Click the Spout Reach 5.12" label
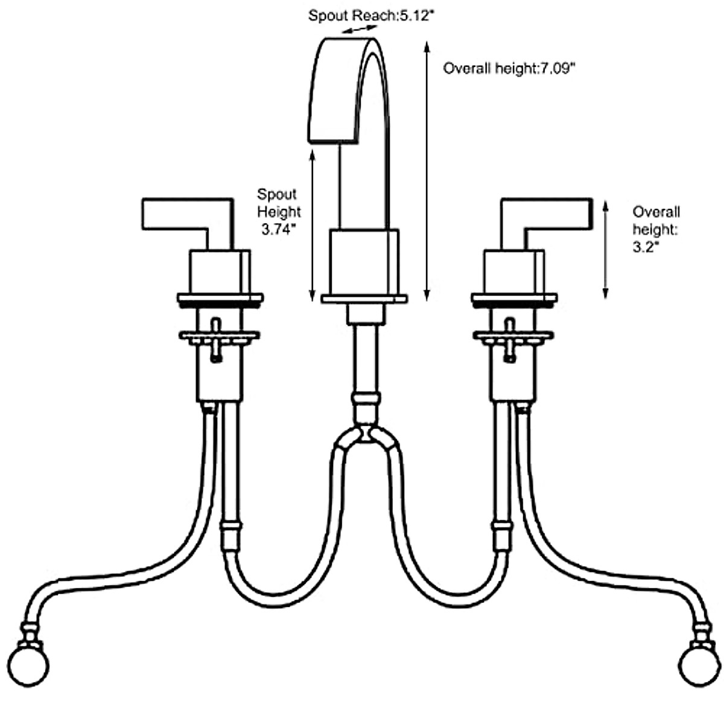(x=370, y=16)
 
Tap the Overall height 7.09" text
(x=509, y=68)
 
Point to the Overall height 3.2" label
(x=656, y=229)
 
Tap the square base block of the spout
(x=364, y=261)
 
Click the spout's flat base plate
(x=364, y=298)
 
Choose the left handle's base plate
(x=220, y=299)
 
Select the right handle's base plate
(x=514, y=299)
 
